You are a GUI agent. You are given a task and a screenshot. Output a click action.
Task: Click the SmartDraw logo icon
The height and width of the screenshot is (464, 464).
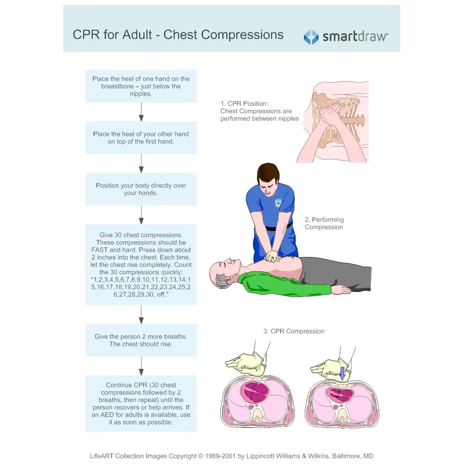311,37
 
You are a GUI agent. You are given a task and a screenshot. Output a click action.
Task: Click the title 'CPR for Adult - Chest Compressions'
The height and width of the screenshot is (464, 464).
178,35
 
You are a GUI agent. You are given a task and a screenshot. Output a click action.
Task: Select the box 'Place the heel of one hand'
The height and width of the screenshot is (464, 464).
141,86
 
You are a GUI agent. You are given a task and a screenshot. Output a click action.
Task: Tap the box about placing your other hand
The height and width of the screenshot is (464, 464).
141,138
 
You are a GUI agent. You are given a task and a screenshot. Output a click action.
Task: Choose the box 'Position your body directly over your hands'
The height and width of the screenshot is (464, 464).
141,189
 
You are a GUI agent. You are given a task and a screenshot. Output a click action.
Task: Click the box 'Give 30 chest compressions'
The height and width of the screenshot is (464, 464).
141,265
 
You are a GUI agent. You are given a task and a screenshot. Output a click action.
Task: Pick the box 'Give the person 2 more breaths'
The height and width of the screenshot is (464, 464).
141,340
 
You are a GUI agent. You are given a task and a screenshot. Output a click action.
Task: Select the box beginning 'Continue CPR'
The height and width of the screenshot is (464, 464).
141,404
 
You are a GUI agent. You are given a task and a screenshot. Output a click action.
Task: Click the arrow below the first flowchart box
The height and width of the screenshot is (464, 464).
141,112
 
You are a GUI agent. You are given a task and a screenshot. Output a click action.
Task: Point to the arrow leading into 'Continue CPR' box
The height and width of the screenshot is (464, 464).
141,366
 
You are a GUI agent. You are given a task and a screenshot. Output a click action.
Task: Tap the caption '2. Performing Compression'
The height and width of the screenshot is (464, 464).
324,223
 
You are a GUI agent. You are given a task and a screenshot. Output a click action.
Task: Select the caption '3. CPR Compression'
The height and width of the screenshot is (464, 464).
294,331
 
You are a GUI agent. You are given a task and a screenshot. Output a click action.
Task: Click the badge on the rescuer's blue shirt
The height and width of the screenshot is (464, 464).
278,203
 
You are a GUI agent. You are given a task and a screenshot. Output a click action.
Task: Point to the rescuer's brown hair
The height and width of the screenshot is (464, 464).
268,172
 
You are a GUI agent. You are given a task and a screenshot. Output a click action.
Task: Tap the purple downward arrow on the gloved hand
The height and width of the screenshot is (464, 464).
342,373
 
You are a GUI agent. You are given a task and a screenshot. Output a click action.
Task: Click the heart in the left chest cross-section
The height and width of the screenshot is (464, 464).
256,393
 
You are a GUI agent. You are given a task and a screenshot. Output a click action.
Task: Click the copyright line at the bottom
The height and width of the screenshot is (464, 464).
232,456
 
